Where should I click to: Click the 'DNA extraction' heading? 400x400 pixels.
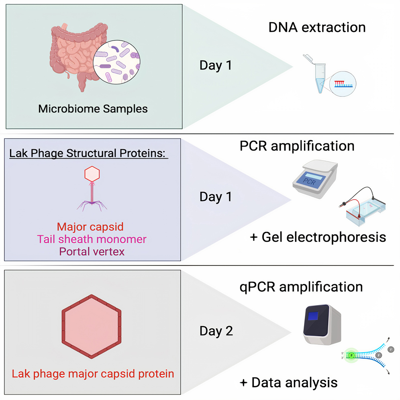(317, 27)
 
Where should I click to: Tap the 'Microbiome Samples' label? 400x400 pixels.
(93, 108)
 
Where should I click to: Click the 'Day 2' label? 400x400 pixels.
(216, 331)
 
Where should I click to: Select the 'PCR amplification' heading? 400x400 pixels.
(297, 145)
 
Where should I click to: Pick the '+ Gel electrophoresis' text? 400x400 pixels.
(318, 237)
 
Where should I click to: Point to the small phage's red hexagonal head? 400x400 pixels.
(92, 173)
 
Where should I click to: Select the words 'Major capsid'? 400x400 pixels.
(90, 227)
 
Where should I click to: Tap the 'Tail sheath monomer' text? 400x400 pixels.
(92, 239)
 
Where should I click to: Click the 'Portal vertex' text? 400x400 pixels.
(92, 252)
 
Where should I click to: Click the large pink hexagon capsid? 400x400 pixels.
(92, 326)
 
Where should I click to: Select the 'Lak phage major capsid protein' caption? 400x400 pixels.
(93, 373)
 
